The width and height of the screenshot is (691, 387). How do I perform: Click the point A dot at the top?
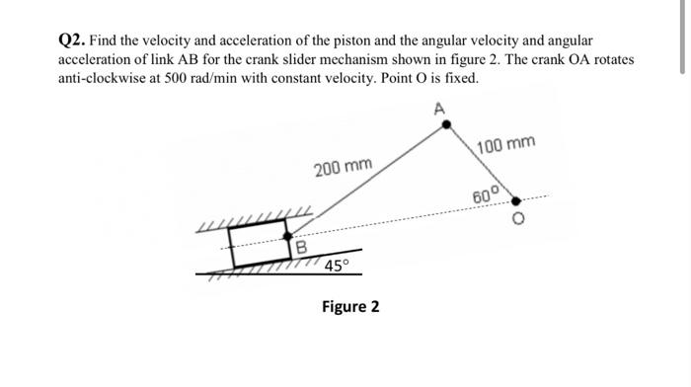coord(446,125)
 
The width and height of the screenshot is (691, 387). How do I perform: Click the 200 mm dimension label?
coord(343,168)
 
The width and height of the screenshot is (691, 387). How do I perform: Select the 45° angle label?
coord(338,265)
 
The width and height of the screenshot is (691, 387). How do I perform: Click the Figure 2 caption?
coord(350,306)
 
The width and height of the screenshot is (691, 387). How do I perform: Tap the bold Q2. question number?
coord(75,40)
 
